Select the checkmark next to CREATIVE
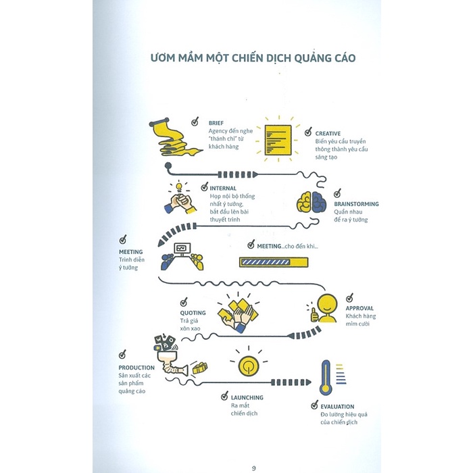point(308,124)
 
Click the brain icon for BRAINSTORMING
point(312,201)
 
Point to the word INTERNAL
point(222,189)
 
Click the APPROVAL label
point(359,308)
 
